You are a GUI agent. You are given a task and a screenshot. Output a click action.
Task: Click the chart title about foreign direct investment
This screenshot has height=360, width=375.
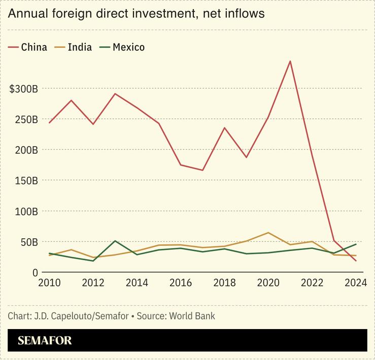[137, 14]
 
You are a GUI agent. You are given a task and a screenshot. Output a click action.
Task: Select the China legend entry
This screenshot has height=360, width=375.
[28, 47]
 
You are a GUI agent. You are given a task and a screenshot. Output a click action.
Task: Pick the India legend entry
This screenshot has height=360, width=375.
[75, 47]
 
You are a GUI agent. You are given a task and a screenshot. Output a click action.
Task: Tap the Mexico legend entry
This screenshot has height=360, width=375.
[123, 47]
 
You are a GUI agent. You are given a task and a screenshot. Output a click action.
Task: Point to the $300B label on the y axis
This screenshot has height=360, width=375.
[23, 89]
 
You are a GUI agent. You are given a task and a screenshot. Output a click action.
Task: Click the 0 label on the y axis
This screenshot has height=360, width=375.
[35, 272]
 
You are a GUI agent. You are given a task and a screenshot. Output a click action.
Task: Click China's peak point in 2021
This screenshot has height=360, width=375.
[290, 61]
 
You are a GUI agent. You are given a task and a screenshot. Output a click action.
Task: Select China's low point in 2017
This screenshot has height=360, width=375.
[202, 170]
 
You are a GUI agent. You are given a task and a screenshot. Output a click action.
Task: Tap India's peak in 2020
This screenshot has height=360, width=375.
[268, 233]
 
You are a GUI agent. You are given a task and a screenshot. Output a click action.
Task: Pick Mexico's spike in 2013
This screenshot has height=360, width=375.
[115, 241]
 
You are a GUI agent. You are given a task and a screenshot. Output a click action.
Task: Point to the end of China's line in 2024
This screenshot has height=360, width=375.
[355, 261]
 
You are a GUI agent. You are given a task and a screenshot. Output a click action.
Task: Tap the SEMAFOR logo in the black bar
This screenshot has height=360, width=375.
[45, 340]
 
